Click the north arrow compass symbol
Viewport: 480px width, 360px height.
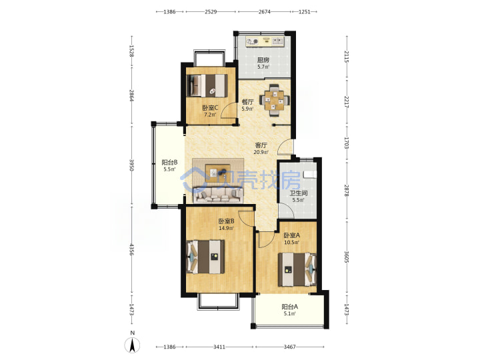132,345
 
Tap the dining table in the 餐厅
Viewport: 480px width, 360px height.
274,100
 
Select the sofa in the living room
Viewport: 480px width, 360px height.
217,195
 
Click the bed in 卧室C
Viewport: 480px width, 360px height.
208,85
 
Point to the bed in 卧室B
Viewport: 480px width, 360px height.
205,257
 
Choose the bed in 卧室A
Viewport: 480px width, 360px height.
297,269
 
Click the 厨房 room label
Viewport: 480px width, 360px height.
263,60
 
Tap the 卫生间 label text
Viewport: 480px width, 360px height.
299,193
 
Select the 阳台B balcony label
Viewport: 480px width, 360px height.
169,162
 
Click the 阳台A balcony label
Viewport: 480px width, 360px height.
289,307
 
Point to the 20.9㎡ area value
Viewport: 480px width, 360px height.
261,152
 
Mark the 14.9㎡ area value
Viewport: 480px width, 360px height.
226,228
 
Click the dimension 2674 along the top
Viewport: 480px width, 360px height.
264,11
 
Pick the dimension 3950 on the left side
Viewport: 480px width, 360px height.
132,165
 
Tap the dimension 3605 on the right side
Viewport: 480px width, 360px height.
347,257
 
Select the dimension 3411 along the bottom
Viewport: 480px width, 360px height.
219,347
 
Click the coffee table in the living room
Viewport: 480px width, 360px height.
218,173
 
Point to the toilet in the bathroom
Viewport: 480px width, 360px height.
309,175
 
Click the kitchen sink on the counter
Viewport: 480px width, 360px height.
277,41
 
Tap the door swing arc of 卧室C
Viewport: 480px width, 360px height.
227,110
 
